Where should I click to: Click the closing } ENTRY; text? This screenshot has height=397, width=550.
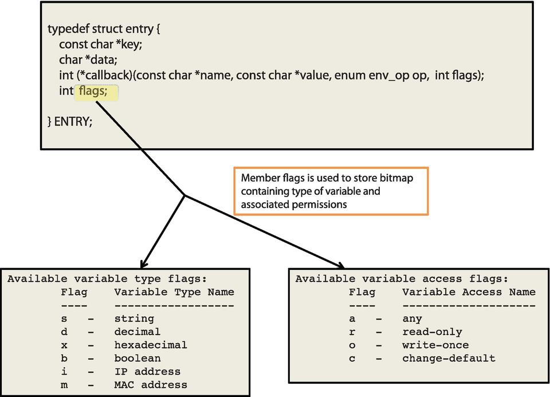click(69, 121)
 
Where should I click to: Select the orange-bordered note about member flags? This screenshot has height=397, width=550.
click(331, 191)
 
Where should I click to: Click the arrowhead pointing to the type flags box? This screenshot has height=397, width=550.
click(142, 264)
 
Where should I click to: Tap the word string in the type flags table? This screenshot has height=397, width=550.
click(134, 319)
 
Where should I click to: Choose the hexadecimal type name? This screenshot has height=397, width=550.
click(151, 345)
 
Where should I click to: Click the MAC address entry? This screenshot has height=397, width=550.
click(151, 384)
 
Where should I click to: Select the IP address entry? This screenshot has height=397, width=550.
click(147, 371)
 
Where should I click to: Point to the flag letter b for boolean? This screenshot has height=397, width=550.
click(64, 358)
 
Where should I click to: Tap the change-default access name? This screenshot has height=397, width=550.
click(449, 358)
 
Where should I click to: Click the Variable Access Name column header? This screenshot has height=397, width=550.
click(469, 292)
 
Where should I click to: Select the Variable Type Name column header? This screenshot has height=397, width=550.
click(174, 292)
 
